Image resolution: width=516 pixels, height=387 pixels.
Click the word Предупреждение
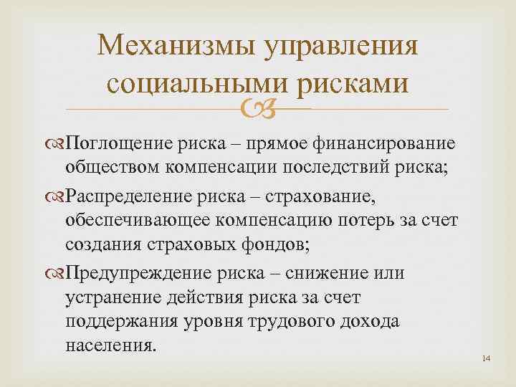point(131,274)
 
